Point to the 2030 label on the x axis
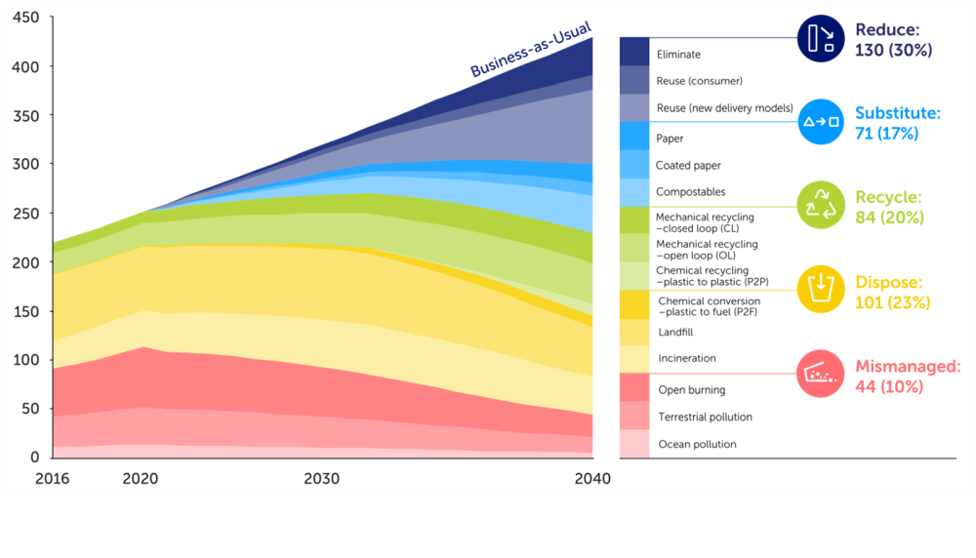[x=321, y=479]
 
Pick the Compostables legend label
[x=690, y=192]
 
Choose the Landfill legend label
[x=674, y=333]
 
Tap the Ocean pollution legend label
[x=697, y=444]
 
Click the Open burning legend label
[x=691, y=390]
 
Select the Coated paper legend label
[x=688, y=166]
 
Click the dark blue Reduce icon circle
[x=820, y=38]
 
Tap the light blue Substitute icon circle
[x=820, y=121]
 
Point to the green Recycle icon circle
[x=820, y=206]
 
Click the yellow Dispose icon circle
[x=820, y=289]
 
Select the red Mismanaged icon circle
[x=820, y=374]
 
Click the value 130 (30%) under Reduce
[x=893, y=50]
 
